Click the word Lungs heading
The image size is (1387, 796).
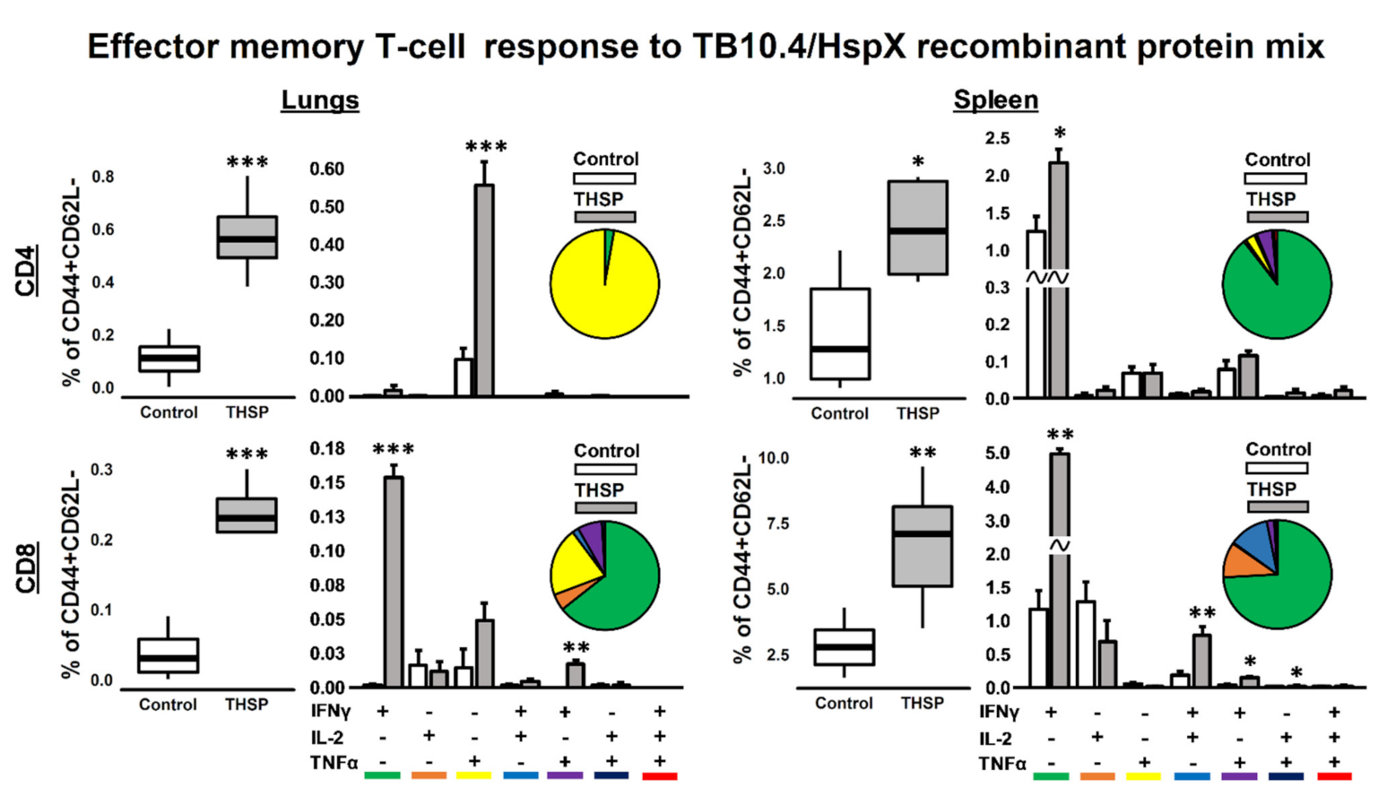tap(320, 100)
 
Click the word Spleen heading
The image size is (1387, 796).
tap(995, 100)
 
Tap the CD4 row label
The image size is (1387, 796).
tap(27, 271)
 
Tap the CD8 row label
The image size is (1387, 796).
tap(27, 567)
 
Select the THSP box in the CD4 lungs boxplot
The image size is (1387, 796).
tap(247, 238)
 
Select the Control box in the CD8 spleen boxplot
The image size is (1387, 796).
tap(844, 647)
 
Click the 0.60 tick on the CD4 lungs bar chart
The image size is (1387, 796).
tap(327, 169)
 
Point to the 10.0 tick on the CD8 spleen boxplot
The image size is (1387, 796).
tap(773, 458)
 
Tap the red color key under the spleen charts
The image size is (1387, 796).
tap(1334, 776)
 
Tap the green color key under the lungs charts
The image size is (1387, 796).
tap(383, 775)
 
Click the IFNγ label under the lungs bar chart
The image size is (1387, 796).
tap(331, 712)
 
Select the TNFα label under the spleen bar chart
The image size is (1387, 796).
tap(1002, 764)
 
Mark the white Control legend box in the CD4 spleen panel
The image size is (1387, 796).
tap(1275, 178)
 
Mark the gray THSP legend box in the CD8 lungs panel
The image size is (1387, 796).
tap(605, 508)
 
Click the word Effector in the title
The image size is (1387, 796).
tap(152, 47)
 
